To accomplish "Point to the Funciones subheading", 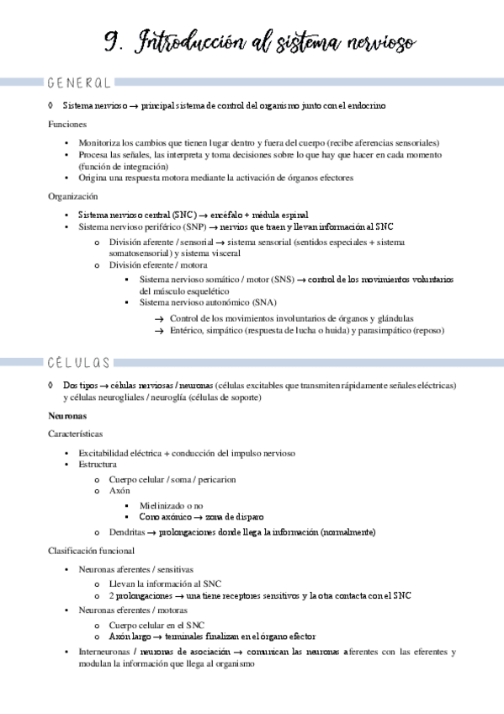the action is tap(67, 124).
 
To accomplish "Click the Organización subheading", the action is tap(72, 195).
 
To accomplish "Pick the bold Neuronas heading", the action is tap(68, 417).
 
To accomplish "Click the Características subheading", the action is tap(76, 434).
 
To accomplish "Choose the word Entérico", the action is tap(187, 331).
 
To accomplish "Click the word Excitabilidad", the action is tap(106, 453).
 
